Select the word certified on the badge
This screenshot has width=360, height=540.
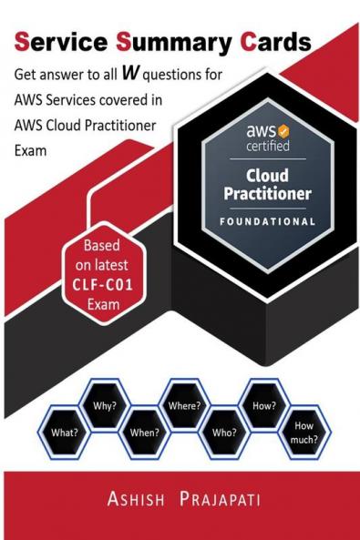tap(264, 144)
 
